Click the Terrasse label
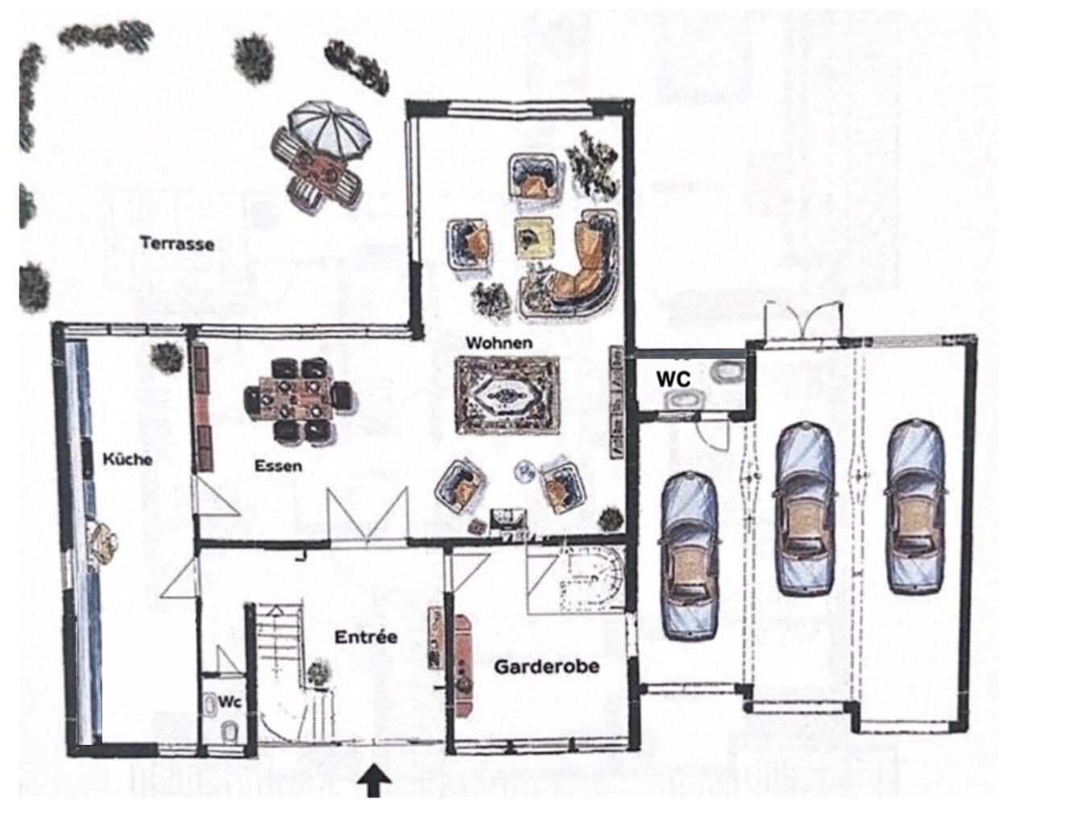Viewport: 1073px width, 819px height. [177, 243]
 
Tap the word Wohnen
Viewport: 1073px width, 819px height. [499, 343]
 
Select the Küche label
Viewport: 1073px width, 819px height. [127, 459]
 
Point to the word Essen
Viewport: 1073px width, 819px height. [278, 465]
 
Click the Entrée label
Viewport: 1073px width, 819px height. [366, 637]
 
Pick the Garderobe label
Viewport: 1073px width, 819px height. [546, 667]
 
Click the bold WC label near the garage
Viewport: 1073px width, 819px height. [673, 378]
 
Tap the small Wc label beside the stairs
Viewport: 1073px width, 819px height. [230, 702]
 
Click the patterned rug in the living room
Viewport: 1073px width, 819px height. [507, 394]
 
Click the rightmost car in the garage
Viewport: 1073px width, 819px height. [914, 506]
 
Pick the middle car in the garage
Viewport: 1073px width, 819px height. [805, 509]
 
